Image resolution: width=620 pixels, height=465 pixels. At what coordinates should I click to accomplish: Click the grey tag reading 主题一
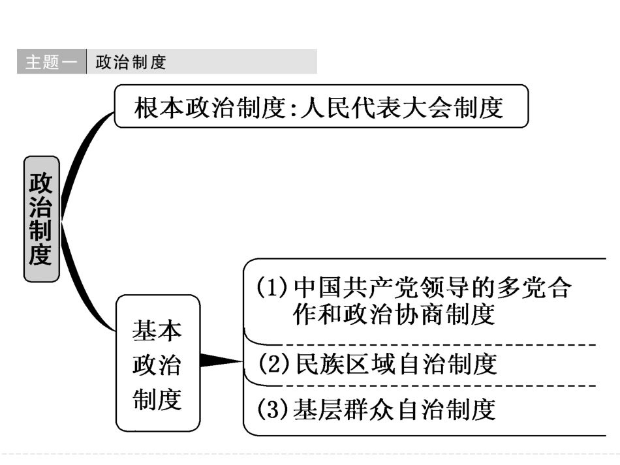pos(51,62)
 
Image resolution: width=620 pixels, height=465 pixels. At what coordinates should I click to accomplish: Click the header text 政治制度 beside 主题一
pos(131,62)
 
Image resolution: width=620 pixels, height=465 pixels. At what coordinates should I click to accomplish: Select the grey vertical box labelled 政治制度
pos(41,218)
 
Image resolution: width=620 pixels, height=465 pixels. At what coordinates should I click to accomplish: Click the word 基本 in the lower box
pos(157,331)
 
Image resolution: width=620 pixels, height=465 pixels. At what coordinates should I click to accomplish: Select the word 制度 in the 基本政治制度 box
pos(157,399)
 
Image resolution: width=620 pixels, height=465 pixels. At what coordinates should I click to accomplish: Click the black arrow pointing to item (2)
pos(219,360)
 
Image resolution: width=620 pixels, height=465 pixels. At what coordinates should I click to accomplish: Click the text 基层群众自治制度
pos(395,410)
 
